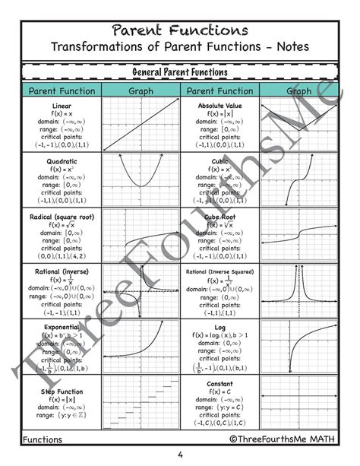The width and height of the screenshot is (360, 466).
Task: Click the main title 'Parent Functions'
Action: pyautogui.click(x=180, y=30)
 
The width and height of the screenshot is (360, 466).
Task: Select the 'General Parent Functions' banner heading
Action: pyautogui.click(x=180, y=72)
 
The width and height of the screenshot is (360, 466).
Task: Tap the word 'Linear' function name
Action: pyautogui.click(x=62, y=106)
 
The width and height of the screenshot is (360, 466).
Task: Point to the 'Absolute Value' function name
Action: pyautogui.click(x=220, y=106)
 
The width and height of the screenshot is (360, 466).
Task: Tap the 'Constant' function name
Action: pyautogui.click(x=220, y=384)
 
